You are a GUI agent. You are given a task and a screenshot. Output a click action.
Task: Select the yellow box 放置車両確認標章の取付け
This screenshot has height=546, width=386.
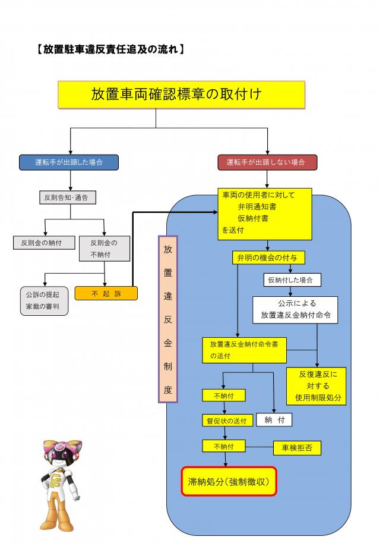[x=181, y=95]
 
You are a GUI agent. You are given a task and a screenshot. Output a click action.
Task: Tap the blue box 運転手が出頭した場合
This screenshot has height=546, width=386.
[x=68, y=162]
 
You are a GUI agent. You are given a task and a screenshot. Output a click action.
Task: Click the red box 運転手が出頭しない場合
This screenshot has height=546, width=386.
[x=268, y=162]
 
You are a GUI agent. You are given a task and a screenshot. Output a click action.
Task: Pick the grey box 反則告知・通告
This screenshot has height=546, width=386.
[x=67, y=197]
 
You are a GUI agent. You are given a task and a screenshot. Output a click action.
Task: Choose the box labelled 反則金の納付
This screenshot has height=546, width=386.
[x=40, y=243]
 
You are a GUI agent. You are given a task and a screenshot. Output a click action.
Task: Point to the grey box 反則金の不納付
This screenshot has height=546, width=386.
[x=105, y=249]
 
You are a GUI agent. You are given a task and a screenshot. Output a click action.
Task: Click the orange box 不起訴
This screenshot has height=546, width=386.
[x=106, y=293]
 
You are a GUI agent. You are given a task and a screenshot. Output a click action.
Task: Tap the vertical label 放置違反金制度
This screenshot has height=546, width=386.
[x=167, y=319]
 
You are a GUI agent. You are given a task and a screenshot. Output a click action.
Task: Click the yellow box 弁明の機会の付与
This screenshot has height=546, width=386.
[x=263, y=258]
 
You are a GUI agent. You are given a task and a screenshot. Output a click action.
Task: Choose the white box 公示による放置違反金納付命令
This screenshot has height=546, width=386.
[x=295, y=310]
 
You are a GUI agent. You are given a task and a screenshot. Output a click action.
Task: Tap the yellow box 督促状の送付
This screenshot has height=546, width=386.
[x=224, y=421]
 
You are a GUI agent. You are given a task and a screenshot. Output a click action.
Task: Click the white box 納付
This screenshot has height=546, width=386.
[x=274, y=420]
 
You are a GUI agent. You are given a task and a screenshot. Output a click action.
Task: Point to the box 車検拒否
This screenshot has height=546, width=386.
[x=297, y=447]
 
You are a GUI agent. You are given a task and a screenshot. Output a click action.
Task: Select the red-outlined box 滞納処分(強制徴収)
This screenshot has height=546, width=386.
[x=229, y=481]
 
